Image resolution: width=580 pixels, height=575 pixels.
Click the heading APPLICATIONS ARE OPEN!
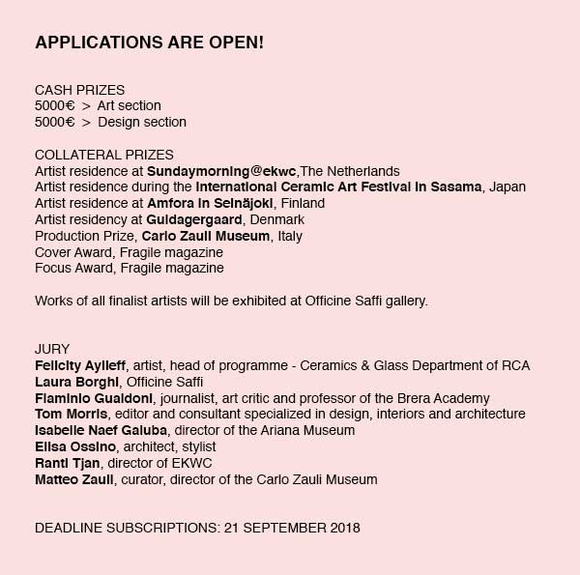(x=149, y=44)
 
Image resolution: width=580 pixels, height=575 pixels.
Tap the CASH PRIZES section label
(x=79, y=90)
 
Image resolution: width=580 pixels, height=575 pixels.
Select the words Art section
(x=129, y=105)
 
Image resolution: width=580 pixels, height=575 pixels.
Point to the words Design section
(x=141, y=122)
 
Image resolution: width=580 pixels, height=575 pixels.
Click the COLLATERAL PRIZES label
(x=104, y=155)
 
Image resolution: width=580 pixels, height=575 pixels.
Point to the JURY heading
(x=52, y=349)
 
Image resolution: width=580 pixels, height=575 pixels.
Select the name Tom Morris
(x=71, y=414)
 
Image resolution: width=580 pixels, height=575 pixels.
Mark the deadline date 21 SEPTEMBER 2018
(x=292, y=529)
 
